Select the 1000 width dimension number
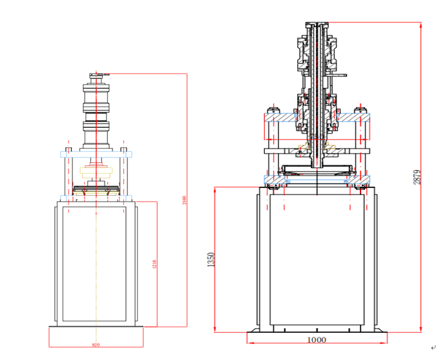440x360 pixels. (317, 339)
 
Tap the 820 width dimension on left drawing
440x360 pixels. (96, 345)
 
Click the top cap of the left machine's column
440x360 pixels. (96, 76)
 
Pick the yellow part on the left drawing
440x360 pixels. (96, 171)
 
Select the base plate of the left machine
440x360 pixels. (96, 336)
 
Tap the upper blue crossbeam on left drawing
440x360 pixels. (96, 154)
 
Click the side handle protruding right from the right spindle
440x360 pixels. (339, 76)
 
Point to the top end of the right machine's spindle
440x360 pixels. (317, 23)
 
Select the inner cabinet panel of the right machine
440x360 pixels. (317, 259)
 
